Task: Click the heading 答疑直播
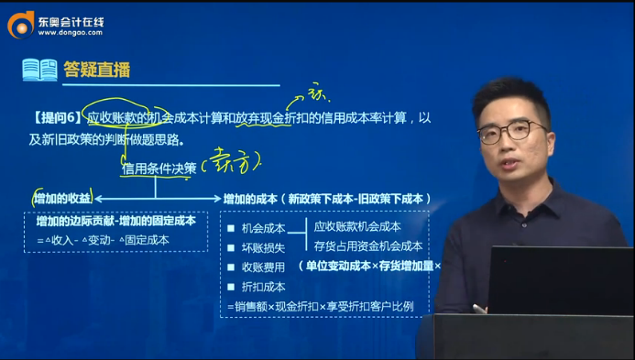[x=96, y=70]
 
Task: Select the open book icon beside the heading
[x=39, y=70]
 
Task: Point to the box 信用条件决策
[x=158, y=169]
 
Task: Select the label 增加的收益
[x=61, y=198]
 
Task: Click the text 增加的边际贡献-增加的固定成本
[x=115, y=222]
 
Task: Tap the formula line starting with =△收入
[x=108, y=241]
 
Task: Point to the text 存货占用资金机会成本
[x=367, y=245]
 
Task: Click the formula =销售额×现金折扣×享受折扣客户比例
[x=320, y=306]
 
